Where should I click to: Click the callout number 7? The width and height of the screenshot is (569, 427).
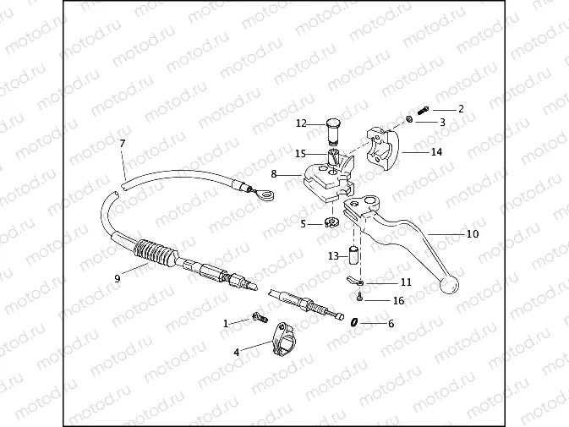123,144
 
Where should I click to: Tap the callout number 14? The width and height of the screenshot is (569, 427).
436,152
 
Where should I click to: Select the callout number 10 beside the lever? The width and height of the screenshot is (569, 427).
472,234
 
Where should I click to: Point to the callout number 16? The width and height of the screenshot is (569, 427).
398,301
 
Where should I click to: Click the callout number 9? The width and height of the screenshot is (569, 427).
117,279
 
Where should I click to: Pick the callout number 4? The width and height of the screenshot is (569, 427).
236,353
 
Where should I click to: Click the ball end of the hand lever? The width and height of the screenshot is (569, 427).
449,285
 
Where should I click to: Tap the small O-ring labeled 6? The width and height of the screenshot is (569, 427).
354,322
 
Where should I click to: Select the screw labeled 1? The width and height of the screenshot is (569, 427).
260,318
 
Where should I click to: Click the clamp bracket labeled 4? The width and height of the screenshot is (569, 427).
284,339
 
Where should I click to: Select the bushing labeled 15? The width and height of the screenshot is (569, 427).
333,156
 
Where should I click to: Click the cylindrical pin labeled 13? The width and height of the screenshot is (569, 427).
353,255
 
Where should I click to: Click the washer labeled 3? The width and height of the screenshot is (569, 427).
408,119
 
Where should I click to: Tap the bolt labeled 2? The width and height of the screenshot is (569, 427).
423,110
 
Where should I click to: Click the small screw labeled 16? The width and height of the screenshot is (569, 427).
359,298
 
